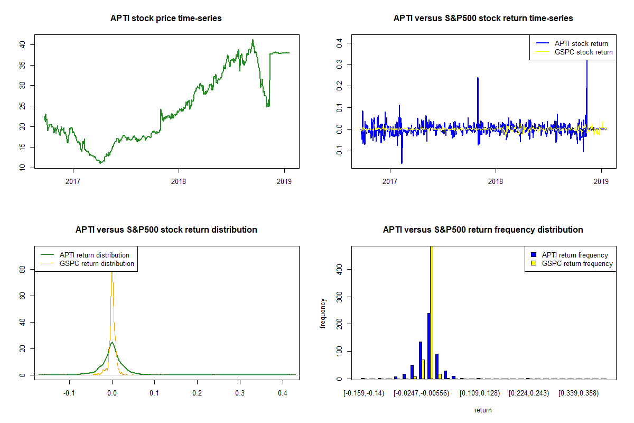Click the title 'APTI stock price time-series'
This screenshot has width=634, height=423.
click(166, 19)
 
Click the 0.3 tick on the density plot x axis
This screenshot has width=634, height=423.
click(240, 393)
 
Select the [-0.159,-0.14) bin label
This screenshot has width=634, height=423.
click(364, 393)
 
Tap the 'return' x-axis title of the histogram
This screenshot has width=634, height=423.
click(483, 410)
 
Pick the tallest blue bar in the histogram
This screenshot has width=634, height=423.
click(428, 346)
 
